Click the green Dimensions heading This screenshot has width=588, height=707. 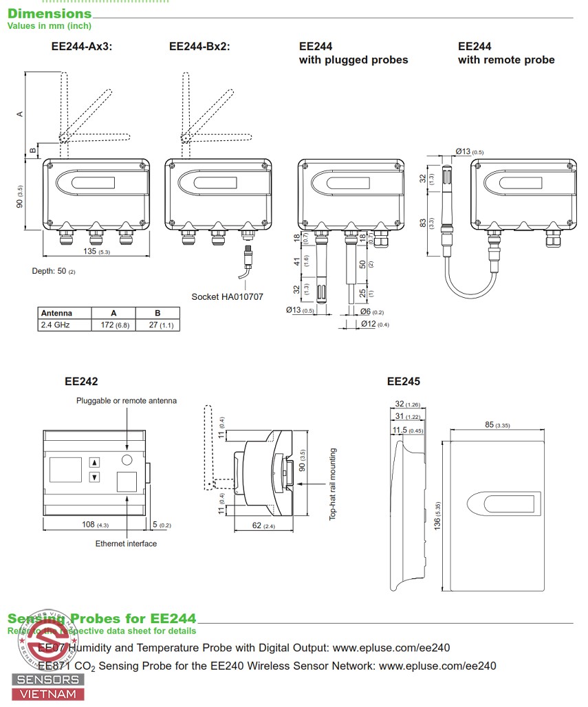(x=49, y=13)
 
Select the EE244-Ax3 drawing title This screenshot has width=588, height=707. (x=82, y=47)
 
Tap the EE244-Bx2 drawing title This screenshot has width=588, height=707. (x=199, y=47)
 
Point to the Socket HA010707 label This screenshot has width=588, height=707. (x=227, y=297)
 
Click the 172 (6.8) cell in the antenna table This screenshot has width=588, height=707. (x=113, y=325)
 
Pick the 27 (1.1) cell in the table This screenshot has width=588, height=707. (x=157, y=325)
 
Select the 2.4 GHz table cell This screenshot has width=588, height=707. (x=56, y=325)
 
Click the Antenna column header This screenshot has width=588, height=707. (x=56, y=313)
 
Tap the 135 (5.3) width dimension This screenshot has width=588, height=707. (x=96, y=252)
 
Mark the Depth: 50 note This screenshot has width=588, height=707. (x=54, y=271)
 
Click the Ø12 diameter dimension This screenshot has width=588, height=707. (x=375, y=325)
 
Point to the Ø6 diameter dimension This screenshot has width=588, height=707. (x=373, y=312)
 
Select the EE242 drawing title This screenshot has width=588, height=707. (x=81, y=381)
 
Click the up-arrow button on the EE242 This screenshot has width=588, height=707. (x=95, y=463)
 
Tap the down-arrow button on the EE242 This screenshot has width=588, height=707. (x=95, y=477)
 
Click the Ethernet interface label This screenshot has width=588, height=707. (x=126, y=544)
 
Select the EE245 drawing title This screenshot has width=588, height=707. (x=403, y=381)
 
